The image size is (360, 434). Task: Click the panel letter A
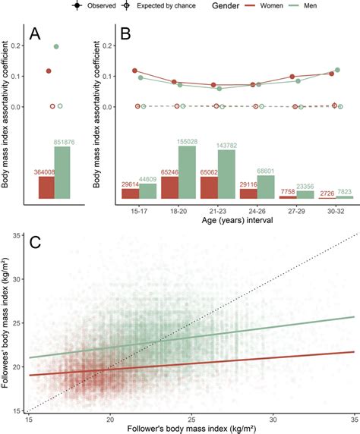[x=35, y=34]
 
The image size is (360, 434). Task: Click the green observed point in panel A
[x=56, y=46]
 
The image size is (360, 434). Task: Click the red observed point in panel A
[x=49, y=71]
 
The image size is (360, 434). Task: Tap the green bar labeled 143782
[x=227, y=175]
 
